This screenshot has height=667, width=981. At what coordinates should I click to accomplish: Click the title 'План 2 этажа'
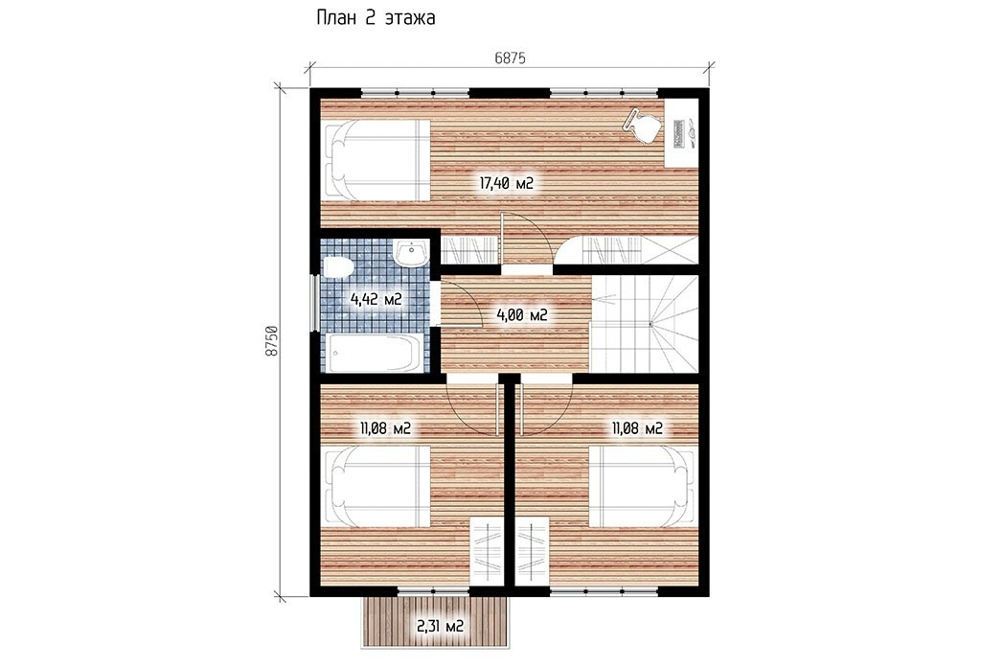[x=376, y=18]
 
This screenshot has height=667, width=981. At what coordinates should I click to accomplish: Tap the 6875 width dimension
[x=510, y=58]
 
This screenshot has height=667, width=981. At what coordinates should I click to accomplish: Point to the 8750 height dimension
[x=271, y=341]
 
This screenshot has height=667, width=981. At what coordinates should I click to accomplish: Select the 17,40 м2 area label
[x=506, y=183]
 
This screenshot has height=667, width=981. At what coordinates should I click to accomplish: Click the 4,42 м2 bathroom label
[x=376, y=299]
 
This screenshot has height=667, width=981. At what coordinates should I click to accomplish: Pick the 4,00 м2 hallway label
[x=522, y=314]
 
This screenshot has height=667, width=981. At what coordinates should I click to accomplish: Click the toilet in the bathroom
[x=337, y=267]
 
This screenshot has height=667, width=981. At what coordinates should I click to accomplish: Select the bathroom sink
[x=411, y=254]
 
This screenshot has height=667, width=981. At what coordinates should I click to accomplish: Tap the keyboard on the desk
[x=679, y=132]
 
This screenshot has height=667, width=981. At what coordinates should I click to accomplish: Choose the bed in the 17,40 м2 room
[x=376, y=159]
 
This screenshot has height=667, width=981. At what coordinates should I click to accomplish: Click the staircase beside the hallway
[x=645, y=324]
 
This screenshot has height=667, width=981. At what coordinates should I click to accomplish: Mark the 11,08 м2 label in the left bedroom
[x=385, y=428]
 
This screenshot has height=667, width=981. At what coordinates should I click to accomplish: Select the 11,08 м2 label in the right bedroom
[x=637, y=428]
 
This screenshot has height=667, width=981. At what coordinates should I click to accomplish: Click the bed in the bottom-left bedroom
[x=376, y=486]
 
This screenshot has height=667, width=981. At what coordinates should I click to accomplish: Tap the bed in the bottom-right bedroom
[x=643, y=486]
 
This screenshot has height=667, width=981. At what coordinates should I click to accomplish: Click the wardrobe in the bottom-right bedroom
[x=533, y=552]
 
